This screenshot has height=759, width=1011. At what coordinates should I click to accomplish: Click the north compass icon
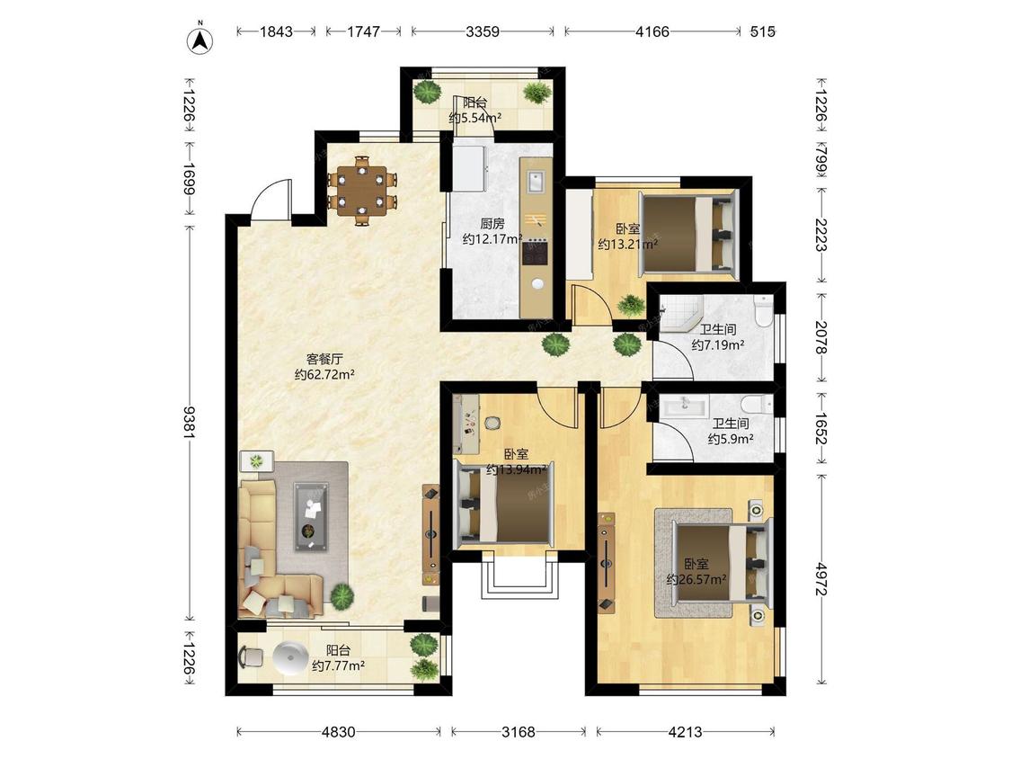(x=200, y=40)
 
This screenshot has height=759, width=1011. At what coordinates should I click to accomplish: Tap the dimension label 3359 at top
(x=483, y=31)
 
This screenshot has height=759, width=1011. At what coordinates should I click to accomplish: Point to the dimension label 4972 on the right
(x=820, y=579)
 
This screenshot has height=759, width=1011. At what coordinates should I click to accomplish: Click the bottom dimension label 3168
(x=519, y=732)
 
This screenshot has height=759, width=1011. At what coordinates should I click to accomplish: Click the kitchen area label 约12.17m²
(x=492, y=239)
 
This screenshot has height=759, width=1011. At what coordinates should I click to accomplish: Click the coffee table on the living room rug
(x=312, y=517)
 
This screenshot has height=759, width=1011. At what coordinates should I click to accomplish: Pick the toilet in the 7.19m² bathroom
(x=763, y=310)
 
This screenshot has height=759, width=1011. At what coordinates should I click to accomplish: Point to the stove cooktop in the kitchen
(x=536, y=253)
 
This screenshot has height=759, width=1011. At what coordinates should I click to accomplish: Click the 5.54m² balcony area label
(x=475, y=118)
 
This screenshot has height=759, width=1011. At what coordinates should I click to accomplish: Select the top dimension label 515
(x=763, y=31)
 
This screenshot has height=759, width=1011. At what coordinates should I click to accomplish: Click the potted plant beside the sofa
(x=342, y=595)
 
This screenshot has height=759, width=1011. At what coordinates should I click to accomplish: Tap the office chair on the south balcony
(x=253, y=657)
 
